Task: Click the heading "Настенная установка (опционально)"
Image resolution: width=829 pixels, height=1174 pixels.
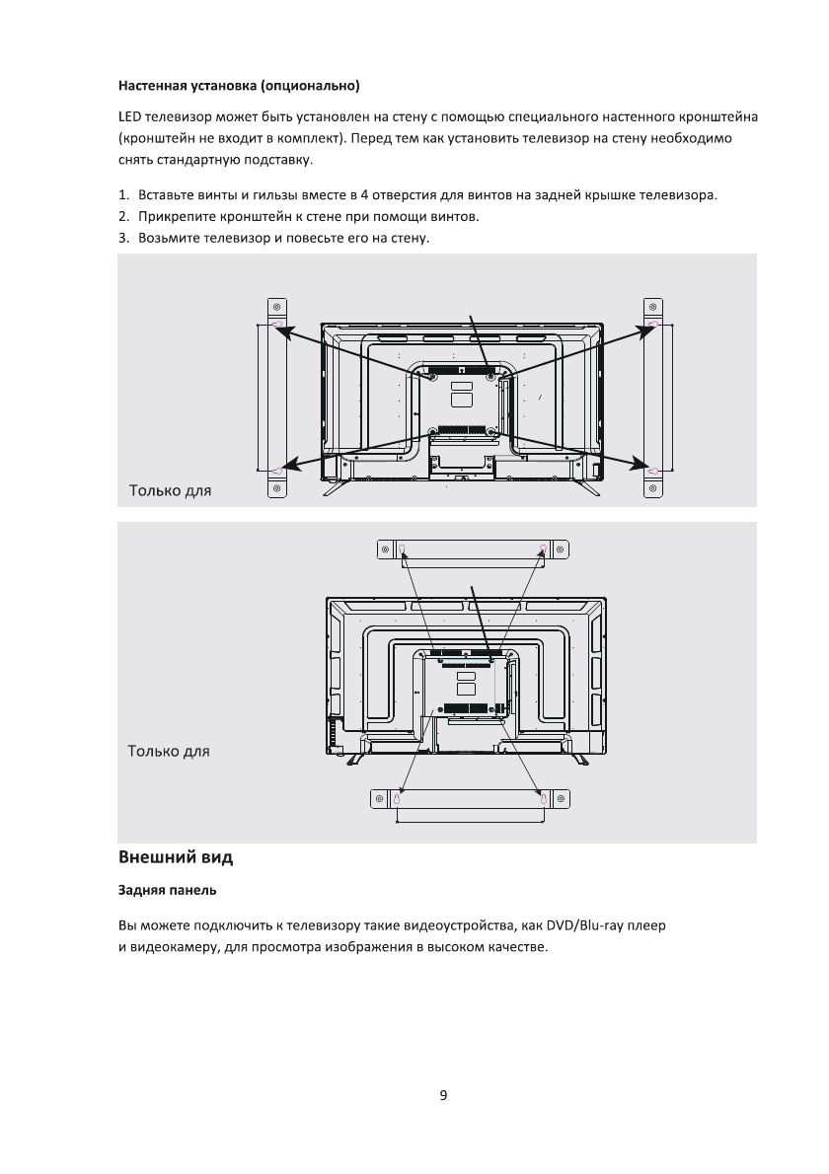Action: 239,85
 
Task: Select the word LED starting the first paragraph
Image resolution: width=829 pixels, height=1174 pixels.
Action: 129,119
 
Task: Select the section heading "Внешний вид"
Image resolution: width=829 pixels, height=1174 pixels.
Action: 176,856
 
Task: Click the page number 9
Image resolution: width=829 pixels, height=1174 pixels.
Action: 443,1095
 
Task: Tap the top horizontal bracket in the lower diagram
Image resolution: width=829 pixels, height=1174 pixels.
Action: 472,549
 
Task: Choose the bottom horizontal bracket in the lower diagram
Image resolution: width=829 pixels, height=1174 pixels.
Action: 470,797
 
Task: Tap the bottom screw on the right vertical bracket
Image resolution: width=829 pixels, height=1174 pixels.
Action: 653,487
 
